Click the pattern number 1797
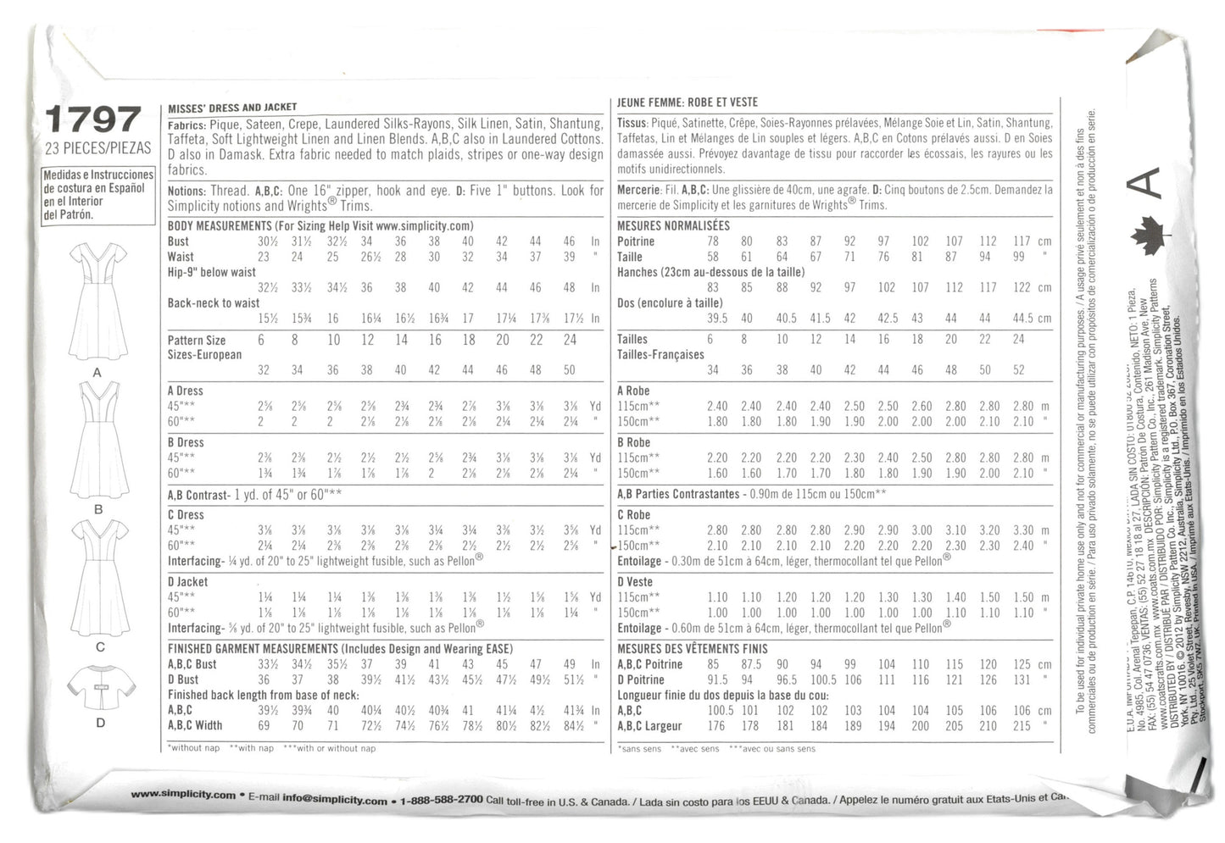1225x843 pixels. [93, 119]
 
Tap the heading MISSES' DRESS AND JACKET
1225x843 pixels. [232, 108]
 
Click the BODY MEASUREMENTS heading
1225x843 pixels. [220, 226]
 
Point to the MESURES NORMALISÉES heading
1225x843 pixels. [673, 226]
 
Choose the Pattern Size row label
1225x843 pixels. [197, 341]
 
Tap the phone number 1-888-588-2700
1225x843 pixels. [441, 800]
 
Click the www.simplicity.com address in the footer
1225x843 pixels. [183, 796]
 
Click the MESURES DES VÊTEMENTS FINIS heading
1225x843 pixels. [692, 649]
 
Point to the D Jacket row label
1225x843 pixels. [187, 582]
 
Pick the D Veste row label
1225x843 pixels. [635, 582]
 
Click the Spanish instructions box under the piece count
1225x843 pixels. [97, 195]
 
